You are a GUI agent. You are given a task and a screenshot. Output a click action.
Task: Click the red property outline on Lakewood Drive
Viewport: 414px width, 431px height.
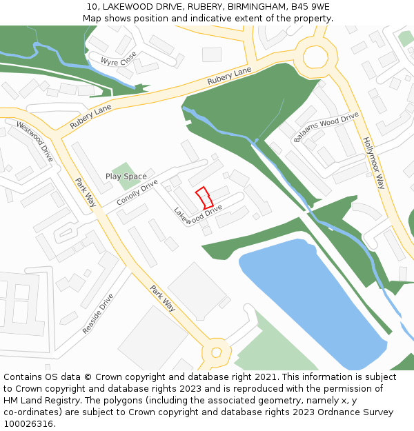pyautogui.click(x=204, y=198)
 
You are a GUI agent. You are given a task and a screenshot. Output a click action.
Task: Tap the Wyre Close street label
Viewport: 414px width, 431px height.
pyautogui.click(x=119, y=61)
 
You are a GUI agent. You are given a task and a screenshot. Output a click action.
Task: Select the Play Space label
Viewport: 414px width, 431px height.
pyautogui.click(x=126, y=177)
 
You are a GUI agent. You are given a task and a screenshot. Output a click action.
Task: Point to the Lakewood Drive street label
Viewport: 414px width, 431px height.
pyautogui.click(x=198, y=214)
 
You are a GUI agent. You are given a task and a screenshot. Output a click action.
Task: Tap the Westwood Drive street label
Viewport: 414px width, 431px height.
pyautogui.click(x=34, y=142)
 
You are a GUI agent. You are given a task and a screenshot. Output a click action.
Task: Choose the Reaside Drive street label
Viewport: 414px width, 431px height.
pyautogui.click(x=98, y=314)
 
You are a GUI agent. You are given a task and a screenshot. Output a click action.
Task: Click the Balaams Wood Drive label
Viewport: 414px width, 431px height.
pyautogui.click(x=326, y=126)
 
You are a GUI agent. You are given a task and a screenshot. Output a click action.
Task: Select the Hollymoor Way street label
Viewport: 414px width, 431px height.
pyautogui.click(x=373, y=163)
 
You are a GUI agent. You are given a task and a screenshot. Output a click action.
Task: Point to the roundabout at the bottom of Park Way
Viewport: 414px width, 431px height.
pyautogui.click(x=216, y=352)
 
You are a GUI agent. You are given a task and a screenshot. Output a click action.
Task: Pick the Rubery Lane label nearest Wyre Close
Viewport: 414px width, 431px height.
pyautogui.click(x=229, y=77)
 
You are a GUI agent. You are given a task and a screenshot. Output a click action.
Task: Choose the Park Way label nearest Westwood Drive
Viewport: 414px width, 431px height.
pyautogui.click(x=86, y=192)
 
